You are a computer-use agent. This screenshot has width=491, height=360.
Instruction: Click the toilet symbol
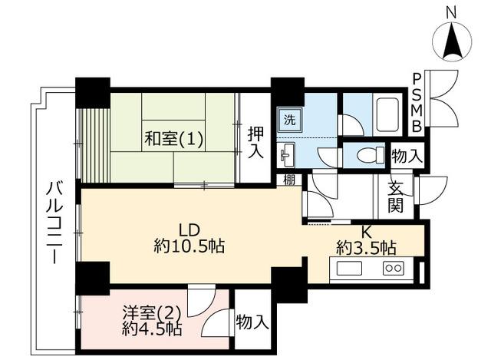click(371, 155)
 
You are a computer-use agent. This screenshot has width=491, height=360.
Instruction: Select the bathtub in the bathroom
click(387, 115)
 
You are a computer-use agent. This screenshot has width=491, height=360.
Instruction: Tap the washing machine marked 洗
click(290, 121)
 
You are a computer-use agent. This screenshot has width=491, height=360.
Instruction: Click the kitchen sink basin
click(349, 269)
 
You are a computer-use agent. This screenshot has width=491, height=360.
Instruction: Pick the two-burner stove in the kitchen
click(394, 269)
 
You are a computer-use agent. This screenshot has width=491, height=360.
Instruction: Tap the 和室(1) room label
click(174, 138)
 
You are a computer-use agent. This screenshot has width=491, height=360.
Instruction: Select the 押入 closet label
click(255, 142)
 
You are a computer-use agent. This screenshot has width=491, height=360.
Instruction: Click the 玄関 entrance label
click(396, 198)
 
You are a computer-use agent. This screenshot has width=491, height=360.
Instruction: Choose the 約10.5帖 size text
click(189, 246)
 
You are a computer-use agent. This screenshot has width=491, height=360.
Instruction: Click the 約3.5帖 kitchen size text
click(366, 248)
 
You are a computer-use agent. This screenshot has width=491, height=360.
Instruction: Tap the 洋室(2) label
click(152, 312)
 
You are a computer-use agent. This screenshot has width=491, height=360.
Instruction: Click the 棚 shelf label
click(289, 180)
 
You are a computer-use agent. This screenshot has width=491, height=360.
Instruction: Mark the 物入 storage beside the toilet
click(407, 156)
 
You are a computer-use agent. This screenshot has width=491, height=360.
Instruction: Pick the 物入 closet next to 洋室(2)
click(252, 322)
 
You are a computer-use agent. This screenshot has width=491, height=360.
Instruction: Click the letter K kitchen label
click(366, 232)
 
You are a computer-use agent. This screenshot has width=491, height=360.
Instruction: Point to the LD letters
click(189, 230)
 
